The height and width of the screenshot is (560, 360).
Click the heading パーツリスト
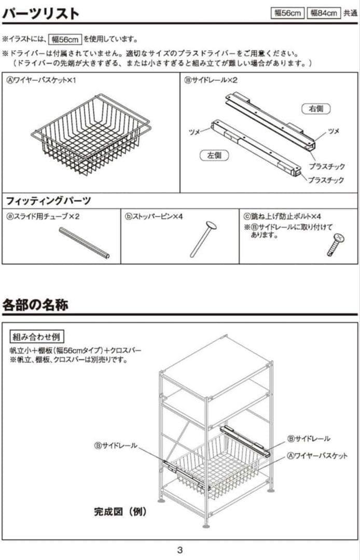tap(41, 13)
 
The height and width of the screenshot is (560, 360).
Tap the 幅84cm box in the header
tap(324, 13)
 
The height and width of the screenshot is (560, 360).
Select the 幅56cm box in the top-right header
tap(288, 13)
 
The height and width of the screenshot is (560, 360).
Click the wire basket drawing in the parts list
tap(91, 135)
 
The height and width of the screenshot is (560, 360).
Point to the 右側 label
tap(316, 109)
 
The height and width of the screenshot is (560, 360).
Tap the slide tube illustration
tap(84, 243)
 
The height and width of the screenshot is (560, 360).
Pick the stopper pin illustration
tap(203, 239)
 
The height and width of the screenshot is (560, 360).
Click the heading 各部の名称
tap(35, 304)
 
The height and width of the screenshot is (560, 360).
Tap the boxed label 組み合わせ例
tap(35, 337)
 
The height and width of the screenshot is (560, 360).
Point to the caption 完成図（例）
tap(120, 512)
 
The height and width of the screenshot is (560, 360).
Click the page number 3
tap(179, 550)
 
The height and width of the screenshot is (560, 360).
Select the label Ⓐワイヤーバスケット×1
tap(41, 80)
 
